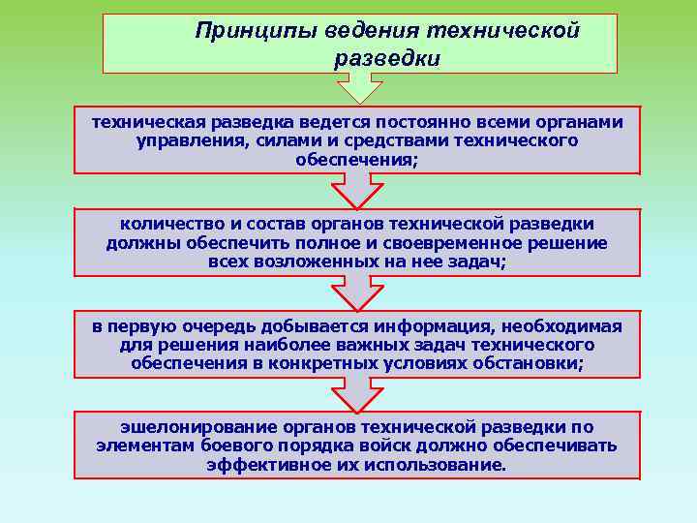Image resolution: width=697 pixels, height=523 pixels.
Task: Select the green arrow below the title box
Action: pos(359,88)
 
